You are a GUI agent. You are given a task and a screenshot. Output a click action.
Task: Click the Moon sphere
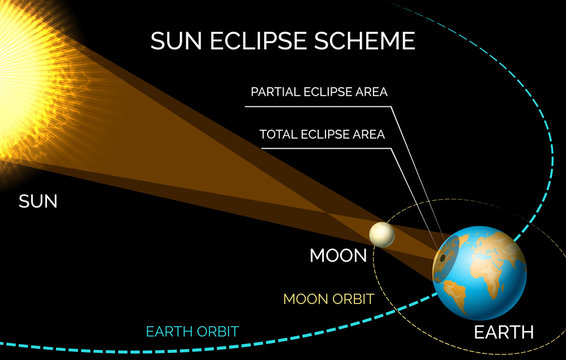pos(381,234)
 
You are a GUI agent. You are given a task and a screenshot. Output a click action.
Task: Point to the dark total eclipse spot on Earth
pos(440,261)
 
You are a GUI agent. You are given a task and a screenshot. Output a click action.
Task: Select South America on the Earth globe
pos(454,292)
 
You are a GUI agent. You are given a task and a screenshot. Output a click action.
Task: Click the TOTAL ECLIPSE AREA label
pos(323,132)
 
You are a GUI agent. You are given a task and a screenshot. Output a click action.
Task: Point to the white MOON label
pos(338,255)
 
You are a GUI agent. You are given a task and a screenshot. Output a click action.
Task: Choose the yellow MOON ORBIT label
pos(328,298)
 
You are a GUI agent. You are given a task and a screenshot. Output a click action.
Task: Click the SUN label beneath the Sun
pos(38,202)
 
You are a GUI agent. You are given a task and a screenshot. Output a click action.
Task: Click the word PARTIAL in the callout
pos(277,93)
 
